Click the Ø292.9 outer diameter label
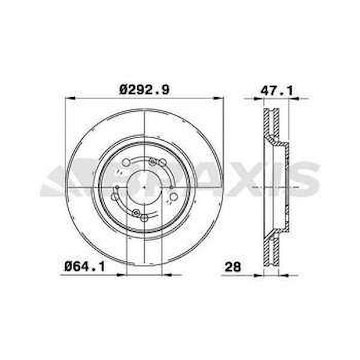pos(144,90)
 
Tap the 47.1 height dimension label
pos(277,91)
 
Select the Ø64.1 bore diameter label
pos(85,267)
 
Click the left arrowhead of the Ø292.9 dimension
pos(70,98)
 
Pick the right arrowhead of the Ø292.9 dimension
pos(218,98)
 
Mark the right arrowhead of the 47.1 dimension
pos(294,99)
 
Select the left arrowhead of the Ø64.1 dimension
pos(122,275)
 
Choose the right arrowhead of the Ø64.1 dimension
pos(167,275)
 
